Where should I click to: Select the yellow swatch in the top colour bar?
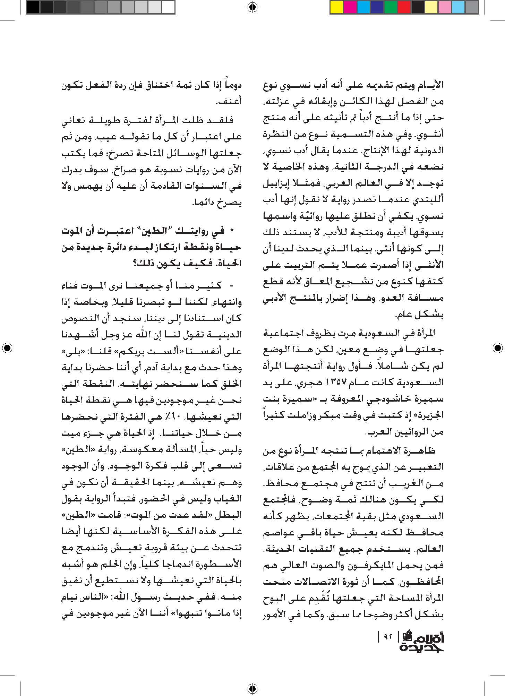point(337,7)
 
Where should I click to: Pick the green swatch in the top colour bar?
point(391,7)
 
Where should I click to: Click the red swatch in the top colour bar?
point(404,7)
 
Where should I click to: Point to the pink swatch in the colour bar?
point(445,7)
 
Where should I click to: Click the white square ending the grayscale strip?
point(168,7)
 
